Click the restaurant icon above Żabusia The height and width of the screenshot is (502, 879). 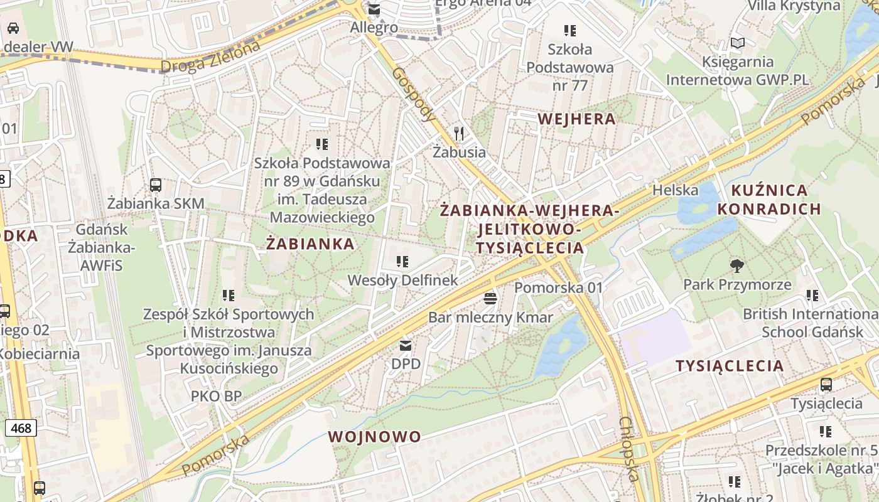(459, 133)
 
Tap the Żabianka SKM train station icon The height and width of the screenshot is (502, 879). (156, 185)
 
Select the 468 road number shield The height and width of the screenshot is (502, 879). (21, 428)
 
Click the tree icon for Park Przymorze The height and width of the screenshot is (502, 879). (737, 266)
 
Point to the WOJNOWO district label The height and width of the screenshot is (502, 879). (374, 437)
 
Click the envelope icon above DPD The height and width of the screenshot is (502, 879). (406, 345)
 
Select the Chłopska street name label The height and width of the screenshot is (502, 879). (630, 449)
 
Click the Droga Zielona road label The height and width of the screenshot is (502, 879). (210, 56)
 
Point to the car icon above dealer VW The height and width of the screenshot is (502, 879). (13, 28)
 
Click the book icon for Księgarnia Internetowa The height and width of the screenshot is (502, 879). (738, 43)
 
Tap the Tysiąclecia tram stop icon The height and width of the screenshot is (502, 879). (826, 385)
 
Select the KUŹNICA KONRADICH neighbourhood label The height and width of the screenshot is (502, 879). (770, 200)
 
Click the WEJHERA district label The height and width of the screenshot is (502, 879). (576, 119)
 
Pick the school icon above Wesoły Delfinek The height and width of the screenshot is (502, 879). (402, 261)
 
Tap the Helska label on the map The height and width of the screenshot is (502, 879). (676, 190)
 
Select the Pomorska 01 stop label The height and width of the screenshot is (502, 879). (558, 287)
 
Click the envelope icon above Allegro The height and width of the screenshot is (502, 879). (374, 9)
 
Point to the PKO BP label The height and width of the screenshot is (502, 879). (217, 396)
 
